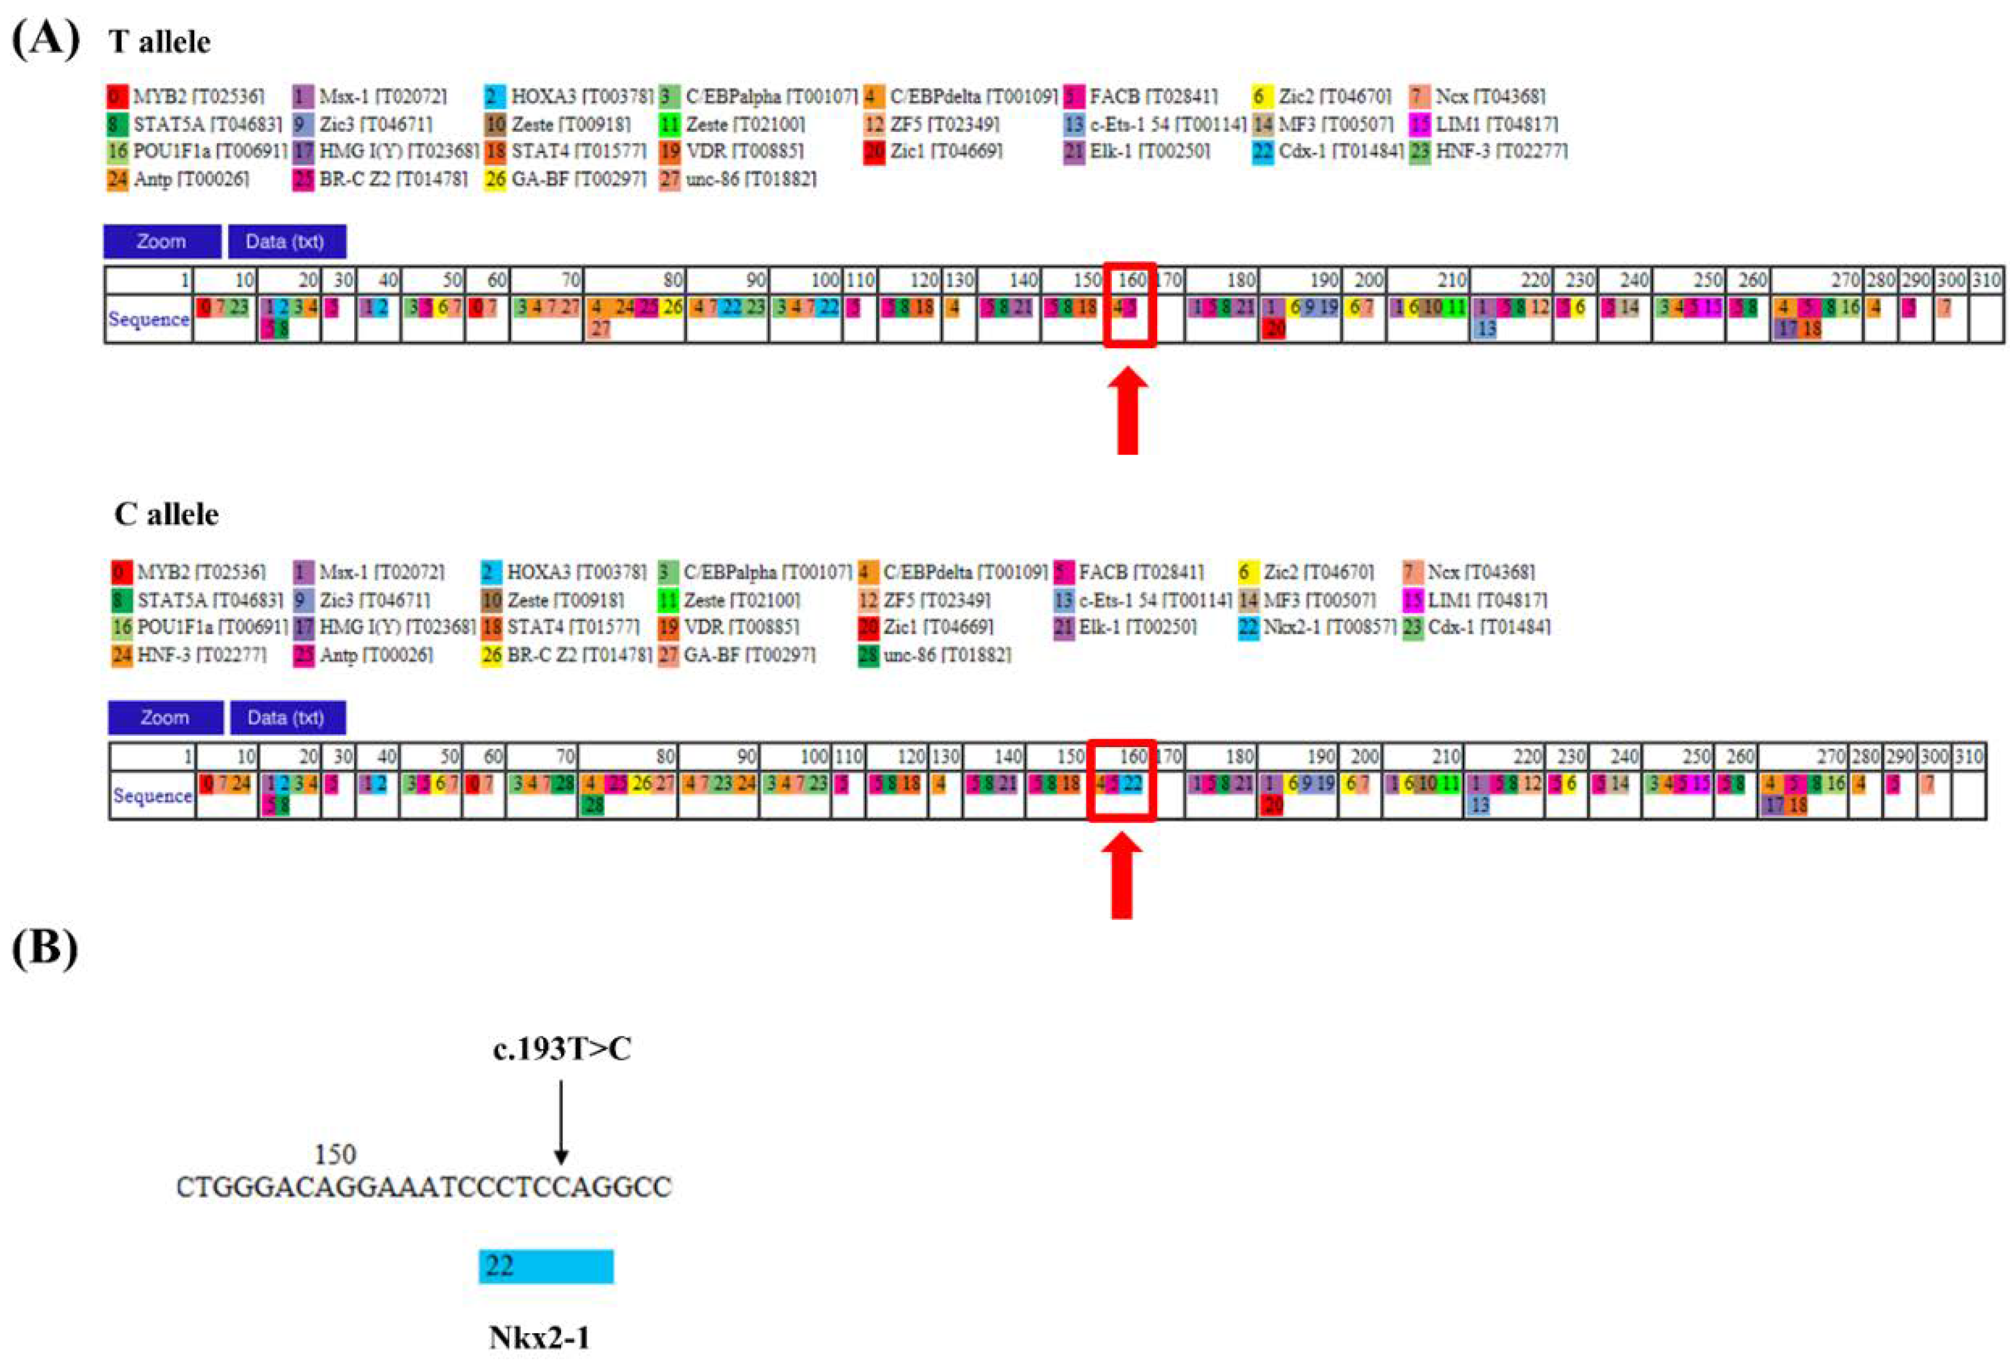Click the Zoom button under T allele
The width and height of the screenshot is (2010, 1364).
162,241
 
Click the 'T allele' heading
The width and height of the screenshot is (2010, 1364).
159,42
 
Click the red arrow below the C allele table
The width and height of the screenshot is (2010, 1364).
1121,875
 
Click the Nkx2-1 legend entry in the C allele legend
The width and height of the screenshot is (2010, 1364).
1317,627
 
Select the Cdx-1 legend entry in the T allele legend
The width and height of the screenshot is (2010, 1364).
1328,152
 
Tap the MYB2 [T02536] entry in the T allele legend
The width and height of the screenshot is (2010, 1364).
187,96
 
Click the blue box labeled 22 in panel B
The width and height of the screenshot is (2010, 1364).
547,1267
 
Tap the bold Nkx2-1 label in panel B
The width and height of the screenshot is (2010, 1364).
539,1337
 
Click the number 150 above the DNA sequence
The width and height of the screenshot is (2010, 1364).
335,1154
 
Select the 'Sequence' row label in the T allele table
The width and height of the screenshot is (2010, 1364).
149,319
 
